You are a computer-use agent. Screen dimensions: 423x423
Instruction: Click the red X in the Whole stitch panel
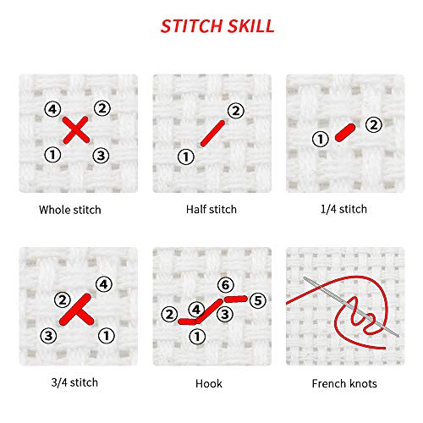pyautogui.click(x=76, y=130)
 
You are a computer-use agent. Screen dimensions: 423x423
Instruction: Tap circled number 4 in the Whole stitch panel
pyautogui.click(x=52, y=109)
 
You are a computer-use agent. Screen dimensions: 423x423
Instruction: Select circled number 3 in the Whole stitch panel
pyautogui.click(x=101, y=155)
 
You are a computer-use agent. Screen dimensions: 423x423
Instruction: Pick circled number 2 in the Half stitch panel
pyautogui.click(x=234, y=110)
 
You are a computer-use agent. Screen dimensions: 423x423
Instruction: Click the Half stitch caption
pyautogui.click(x=211, y=209)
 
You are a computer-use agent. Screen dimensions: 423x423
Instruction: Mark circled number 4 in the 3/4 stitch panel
pyautogui.click(x=102, y=284)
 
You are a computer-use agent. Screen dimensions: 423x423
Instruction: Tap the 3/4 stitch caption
pyautogui.click(x=75, y=382)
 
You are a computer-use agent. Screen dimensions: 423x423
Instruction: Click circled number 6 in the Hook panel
pyautogui.click(x=224, y=285)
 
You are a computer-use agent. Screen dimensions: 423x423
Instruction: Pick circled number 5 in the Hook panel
pyautogui.click(x=258, y=299)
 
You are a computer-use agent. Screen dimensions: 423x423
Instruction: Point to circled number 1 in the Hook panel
pyautogui.click(x=197, y=336)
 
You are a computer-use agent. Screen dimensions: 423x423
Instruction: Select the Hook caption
pyautogui.click(x=211, y=383)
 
